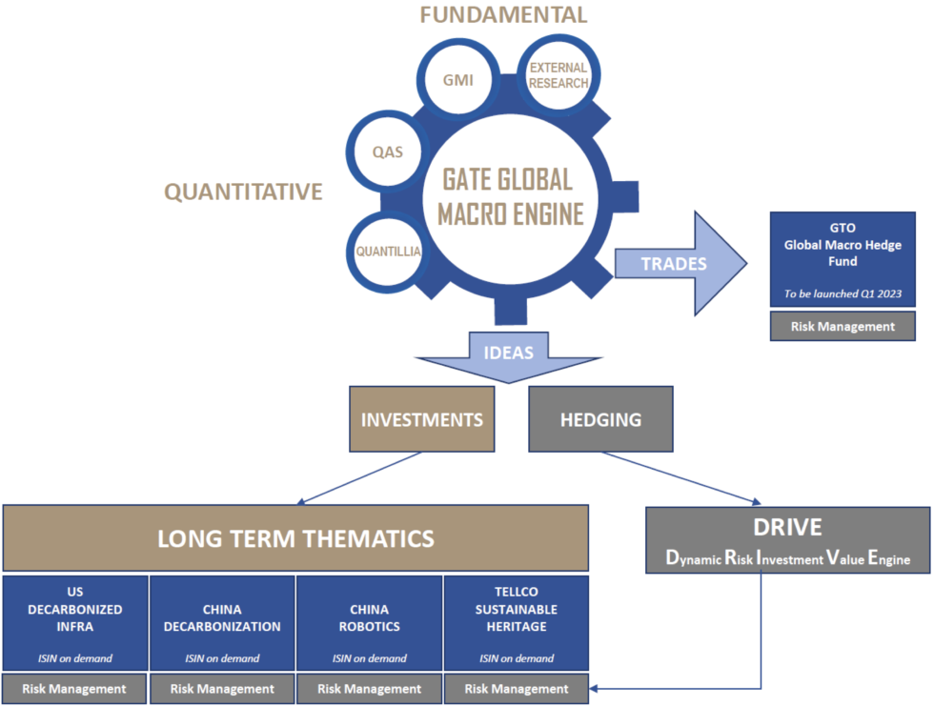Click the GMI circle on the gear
coord(457,80)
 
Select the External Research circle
coord(559,75)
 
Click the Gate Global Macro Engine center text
coord(510,197)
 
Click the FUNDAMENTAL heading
coord(504,14)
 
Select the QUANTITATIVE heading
coord(243,192)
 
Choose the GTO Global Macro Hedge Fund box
coord(842,246)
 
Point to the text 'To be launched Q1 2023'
coord(842,293)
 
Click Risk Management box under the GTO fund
coord(842,326)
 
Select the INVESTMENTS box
coord(421,419)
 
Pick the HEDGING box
coord(600,419)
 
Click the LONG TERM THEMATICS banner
coord(295,538)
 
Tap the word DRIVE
coord(786,527)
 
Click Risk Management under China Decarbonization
coord(222,688)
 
